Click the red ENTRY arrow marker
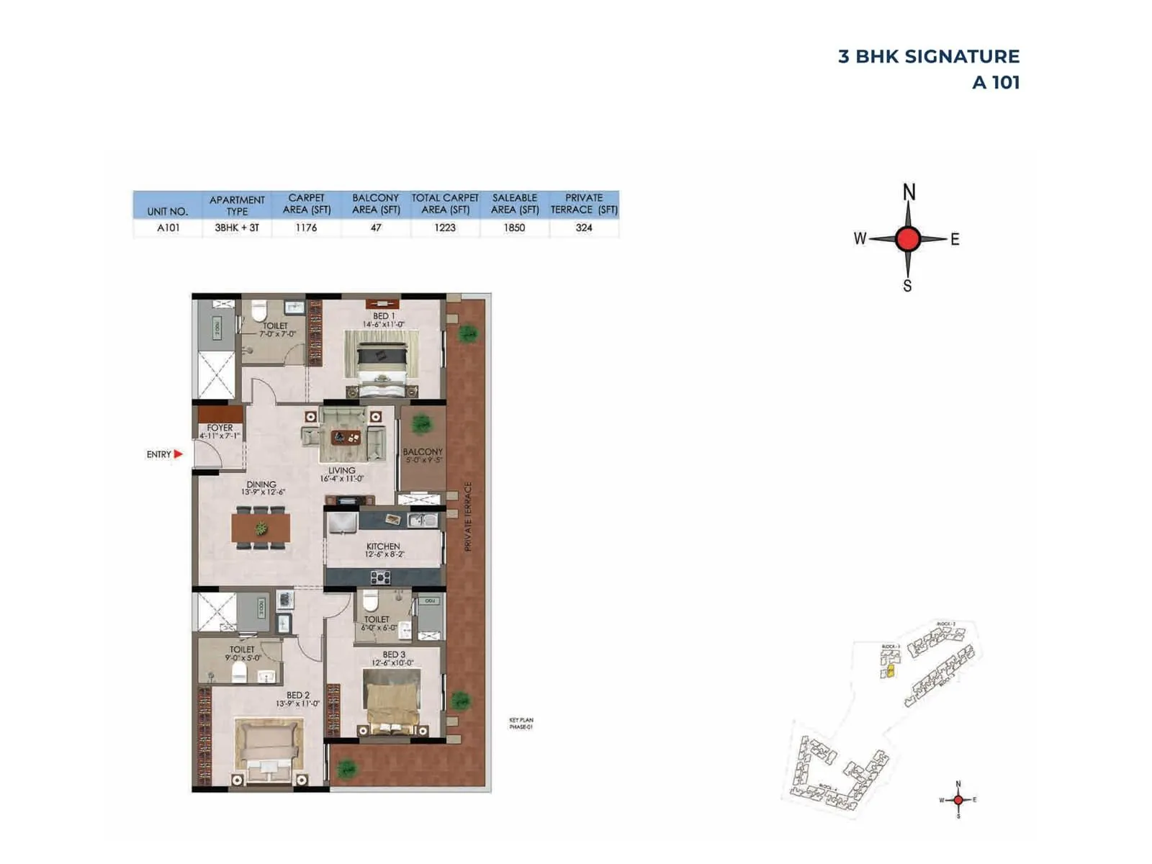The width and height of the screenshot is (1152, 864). pos(178,454)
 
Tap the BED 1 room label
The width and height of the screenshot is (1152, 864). pos(383,316)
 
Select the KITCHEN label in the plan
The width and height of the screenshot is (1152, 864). pos(383,546)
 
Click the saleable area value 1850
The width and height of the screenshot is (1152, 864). pos(514,228)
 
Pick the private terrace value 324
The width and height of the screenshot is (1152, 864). pos(584,228)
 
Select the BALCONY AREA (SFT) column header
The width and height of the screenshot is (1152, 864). pos(376,203)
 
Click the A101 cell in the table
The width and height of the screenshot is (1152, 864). pos(168,228)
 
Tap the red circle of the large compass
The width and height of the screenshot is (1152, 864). pos(908,239)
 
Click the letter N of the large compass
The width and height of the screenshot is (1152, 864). pos(909,193)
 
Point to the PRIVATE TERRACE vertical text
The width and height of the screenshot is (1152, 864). pos(467,516)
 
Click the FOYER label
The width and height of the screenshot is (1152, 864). pos(220,428)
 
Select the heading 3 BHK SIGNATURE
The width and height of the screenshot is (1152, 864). pos(928,57)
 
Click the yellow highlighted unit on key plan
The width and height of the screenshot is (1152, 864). pos(890,671)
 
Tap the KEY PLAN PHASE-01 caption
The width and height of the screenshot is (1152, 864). pos(521,724)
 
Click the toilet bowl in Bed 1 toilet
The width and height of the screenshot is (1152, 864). pos(259,311)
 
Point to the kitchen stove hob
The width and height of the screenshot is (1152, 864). pos(380,577)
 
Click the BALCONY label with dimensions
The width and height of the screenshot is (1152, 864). pos(423,455)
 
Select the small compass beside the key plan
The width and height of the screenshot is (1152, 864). pos(958,800)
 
